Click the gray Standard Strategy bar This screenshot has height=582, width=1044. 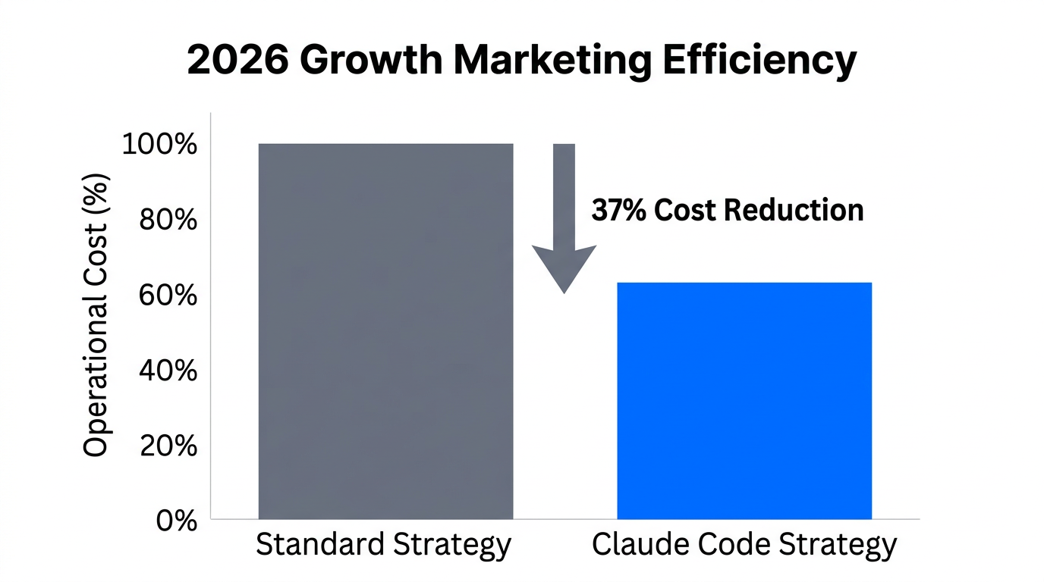(385, 331)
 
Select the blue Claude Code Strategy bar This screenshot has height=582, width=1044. (744, 400)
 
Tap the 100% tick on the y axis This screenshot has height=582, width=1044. (159, 144)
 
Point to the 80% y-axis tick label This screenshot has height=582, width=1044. (168, 220)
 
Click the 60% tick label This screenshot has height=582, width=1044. (168, 295)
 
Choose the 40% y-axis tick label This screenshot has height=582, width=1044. (168, 371)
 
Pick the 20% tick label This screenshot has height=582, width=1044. (168, 446)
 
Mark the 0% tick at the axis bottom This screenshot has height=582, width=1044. (176, 521)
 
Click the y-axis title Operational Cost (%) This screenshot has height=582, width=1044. (96, 315)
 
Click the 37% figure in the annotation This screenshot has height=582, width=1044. (618, 210)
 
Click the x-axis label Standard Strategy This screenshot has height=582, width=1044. (383, 545)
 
